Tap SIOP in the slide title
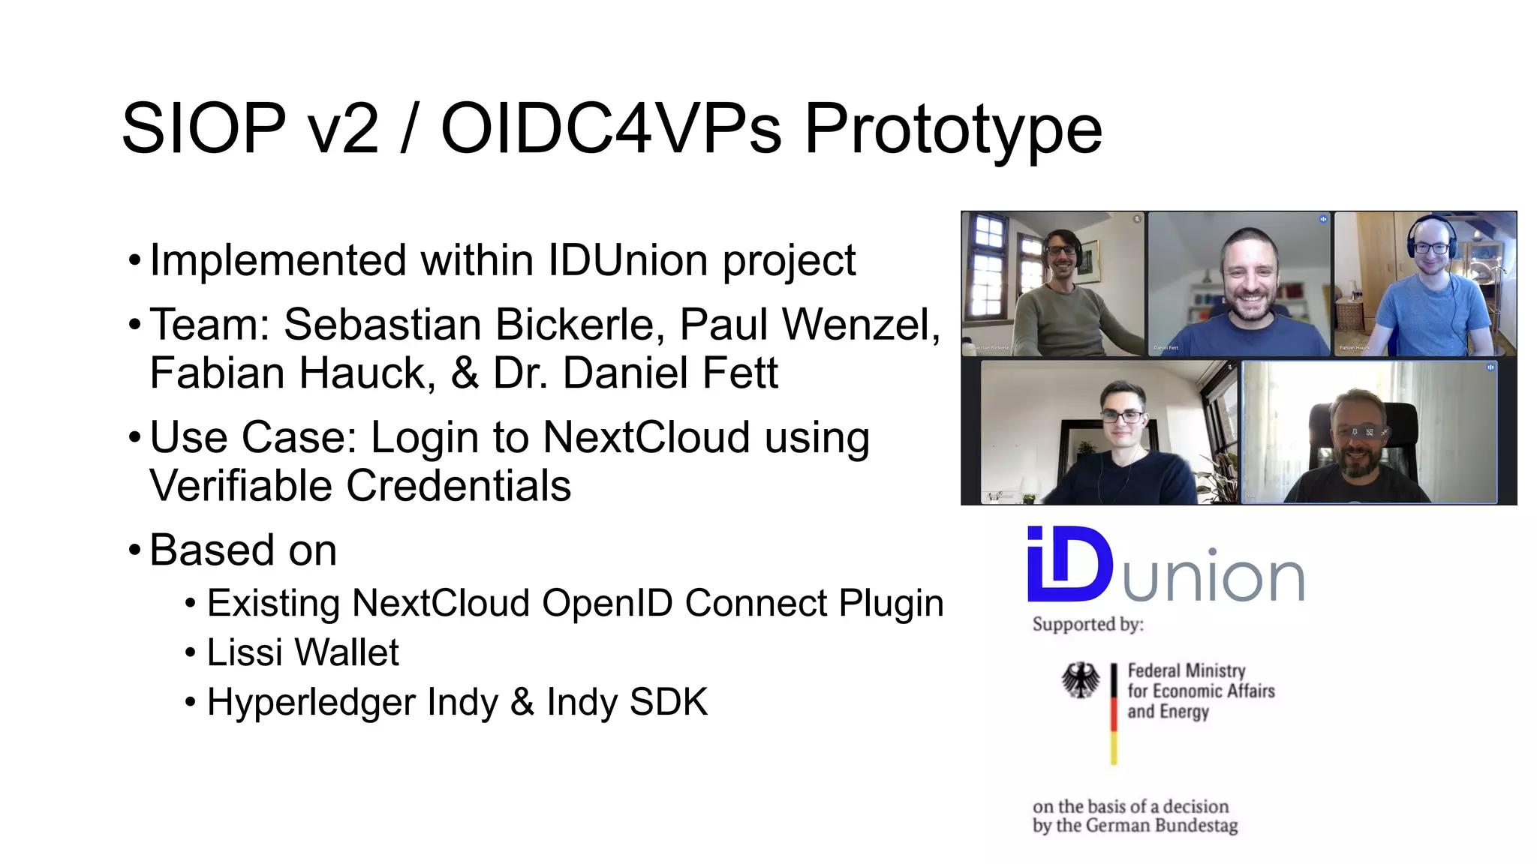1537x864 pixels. [203, 129]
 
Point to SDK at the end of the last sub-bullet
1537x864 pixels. [668, 702]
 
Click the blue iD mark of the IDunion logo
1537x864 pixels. [1069, 564]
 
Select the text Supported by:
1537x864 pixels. [1087, 624]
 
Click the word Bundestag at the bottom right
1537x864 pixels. [1196, 826]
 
